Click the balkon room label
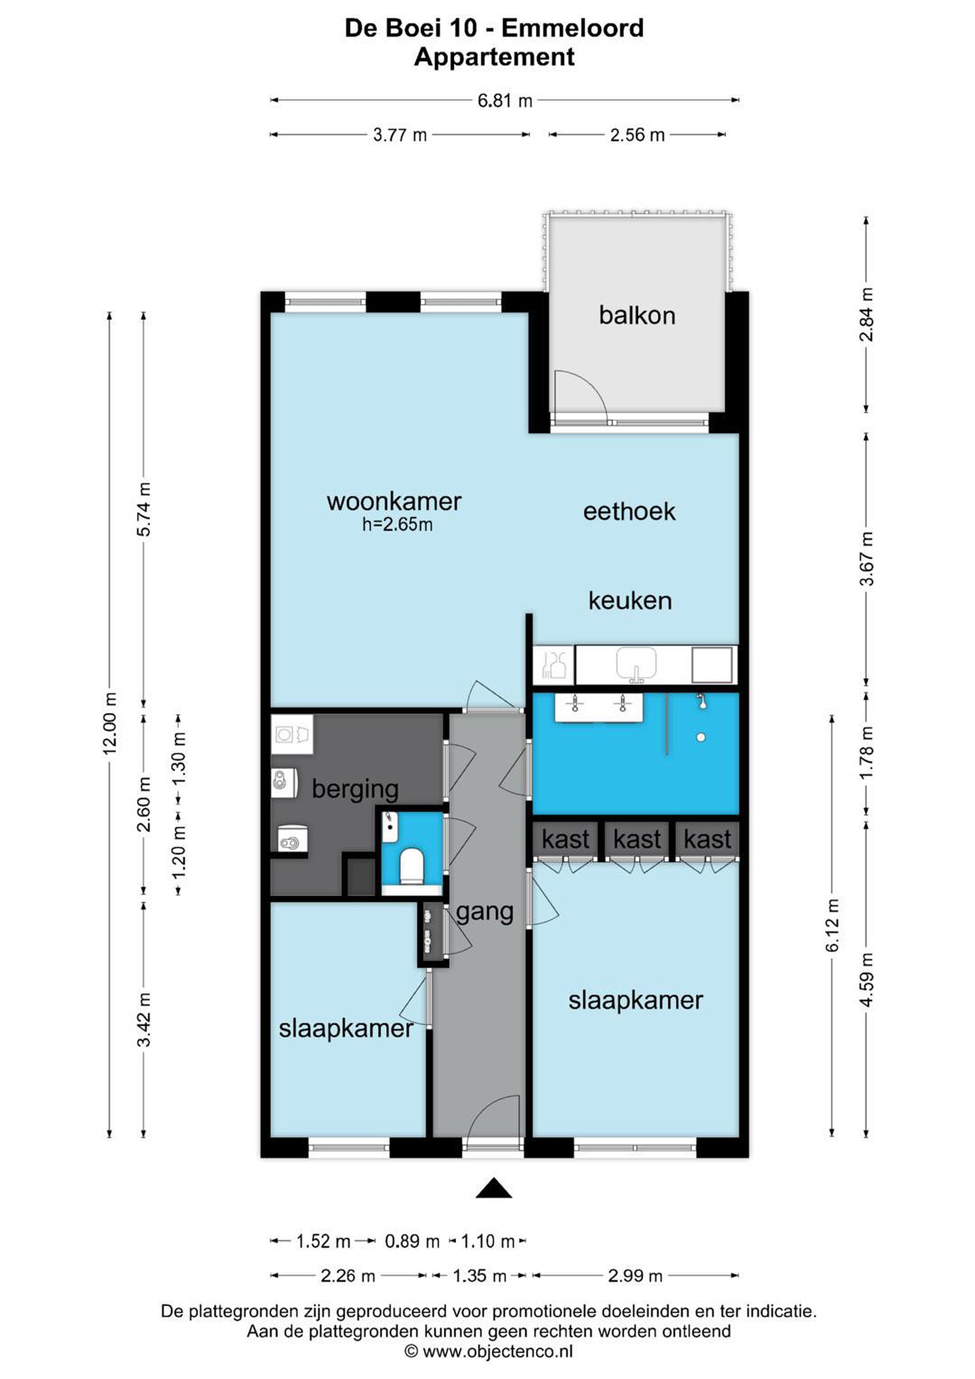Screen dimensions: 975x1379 click(x=637, y=316)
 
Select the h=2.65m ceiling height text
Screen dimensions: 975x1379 click(x=397, y=525)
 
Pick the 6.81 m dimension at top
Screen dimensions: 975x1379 click(x=505, y=101)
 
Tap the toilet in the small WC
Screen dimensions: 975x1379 click(x=412, y=866)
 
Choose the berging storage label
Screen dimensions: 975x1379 click(x=355, y=789)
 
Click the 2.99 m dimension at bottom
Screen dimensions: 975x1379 click(x=635, y=1276)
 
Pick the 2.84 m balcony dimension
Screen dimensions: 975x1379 click(x=866, y=314)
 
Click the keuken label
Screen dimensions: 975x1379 click(x=630, y=600)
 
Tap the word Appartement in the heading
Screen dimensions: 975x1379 click(x=494, y=57)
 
